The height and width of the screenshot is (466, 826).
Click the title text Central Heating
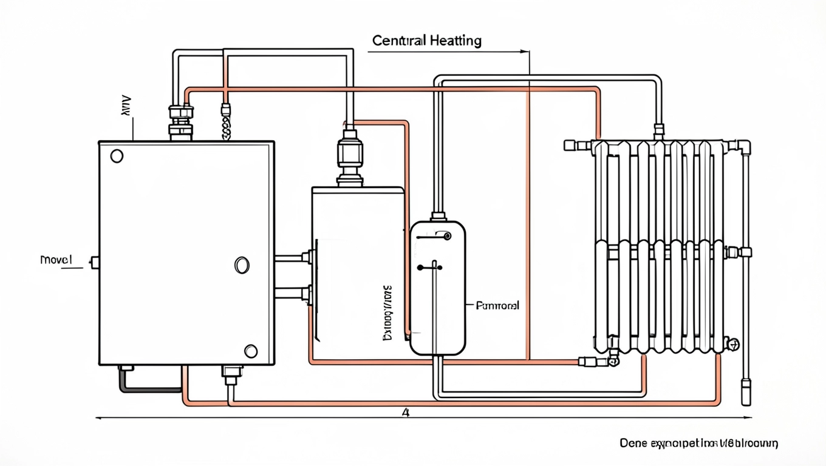(426, 41)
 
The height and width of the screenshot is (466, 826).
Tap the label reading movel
(56, 260)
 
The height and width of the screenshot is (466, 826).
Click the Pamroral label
(497, 306)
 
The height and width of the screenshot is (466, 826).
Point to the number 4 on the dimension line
(406, 413)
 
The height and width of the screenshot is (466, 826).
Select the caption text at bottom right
(698, 444)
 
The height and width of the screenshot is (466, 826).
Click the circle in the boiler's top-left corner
(117, 156)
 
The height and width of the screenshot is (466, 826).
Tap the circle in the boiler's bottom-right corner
(251, 351)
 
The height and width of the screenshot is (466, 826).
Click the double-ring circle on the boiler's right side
(242, 265)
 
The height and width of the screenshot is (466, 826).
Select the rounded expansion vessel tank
(437, 288)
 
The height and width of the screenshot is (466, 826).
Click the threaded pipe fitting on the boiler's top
(181, 121)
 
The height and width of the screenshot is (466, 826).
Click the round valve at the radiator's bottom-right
(734, 345)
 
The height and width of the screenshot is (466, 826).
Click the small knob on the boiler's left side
(95, 262)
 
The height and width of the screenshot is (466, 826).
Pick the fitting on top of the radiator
(659, 130)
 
